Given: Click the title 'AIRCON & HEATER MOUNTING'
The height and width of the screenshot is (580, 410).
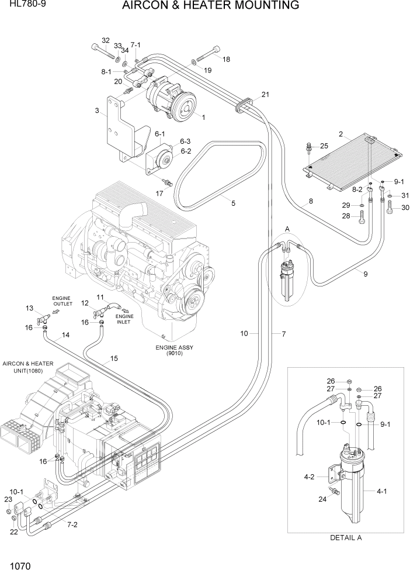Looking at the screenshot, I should [x=211, y=6].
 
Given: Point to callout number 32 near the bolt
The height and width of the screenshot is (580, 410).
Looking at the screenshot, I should [x=105, y=40].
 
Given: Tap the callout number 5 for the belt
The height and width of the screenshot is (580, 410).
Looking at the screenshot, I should [x=233, y=203].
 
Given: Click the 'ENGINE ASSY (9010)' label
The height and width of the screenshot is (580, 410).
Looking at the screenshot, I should [x=173, y=350].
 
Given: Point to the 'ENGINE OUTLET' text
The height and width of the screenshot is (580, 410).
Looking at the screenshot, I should [x=62, y=301].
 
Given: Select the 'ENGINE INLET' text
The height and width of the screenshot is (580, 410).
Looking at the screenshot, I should [x=124, y=319].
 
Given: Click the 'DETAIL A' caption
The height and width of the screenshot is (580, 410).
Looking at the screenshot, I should [x=346, y=538].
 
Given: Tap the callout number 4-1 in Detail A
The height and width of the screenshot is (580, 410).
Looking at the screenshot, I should [x=382, y=492].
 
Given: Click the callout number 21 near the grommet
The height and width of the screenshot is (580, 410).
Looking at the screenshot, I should [x=265, y=95].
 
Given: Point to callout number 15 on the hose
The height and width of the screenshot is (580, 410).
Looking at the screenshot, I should [x=114, y=358].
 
